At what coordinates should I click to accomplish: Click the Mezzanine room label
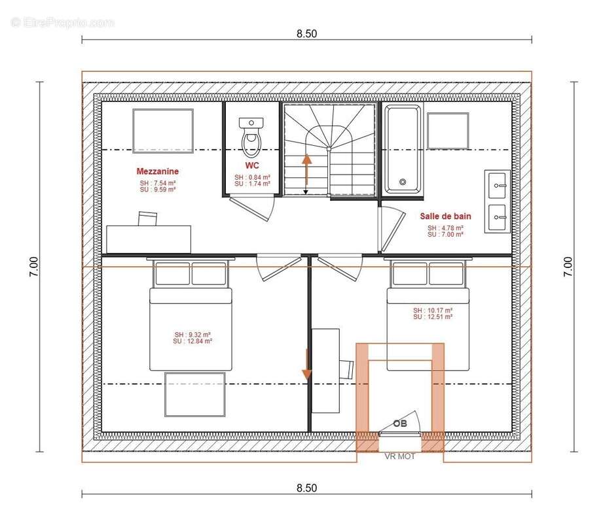click(x=157, y=171)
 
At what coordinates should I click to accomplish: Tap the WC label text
click(x=252, y=165)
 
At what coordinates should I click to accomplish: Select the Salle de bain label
click(x=445, y=216)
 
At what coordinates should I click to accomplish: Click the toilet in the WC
click(x=251, y=137)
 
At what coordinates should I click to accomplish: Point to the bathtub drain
click(x=403, y=182)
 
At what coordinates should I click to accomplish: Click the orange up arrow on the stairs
click(x=306, y=170)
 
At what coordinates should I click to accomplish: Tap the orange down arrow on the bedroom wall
click(x=306, y=364)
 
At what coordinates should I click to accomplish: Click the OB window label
click(x=399, y=424)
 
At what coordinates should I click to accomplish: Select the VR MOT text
click(x=400, y=456)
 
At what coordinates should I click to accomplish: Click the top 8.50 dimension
click(x=306, y=34)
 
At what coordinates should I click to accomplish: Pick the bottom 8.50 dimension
click(x=306, y=488)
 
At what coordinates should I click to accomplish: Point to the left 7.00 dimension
click(x=34, y=267)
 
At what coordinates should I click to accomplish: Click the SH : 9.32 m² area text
click(x=192, y=335)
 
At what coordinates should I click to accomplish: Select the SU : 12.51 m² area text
click(x=433, y=317)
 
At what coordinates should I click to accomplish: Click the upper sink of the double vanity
click(x=498, y=186)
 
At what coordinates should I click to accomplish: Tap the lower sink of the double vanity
click(x=498, y=217)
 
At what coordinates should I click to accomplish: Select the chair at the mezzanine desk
click(x=148, y=218)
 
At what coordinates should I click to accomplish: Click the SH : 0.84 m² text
click(x=252, y=177)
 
